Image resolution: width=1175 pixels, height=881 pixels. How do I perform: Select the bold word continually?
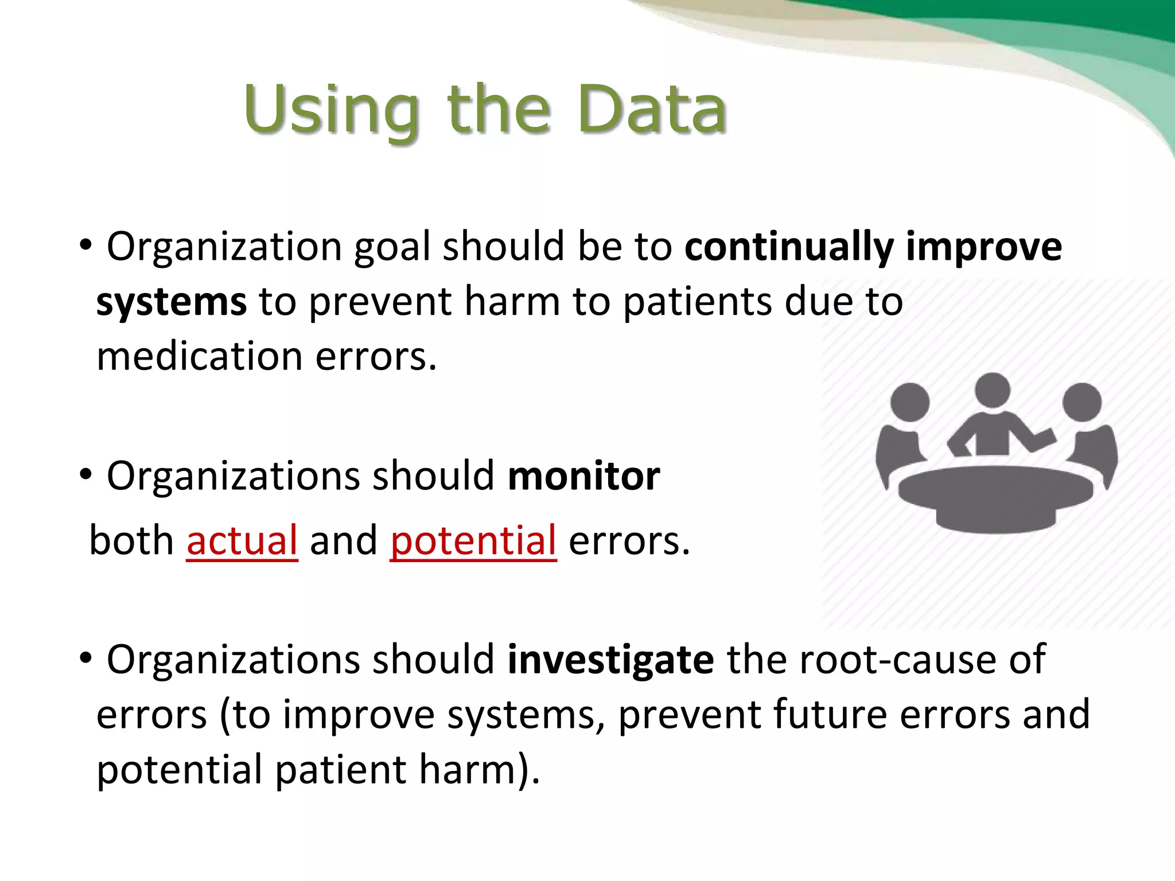pyautogui.click(x=789, y=247)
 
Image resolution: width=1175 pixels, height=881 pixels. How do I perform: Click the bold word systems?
pyautogui.click(x=171, y=302)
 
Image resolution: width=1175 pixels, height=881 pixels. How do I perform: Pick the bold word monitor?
pyautogui.click(x=583, y=477)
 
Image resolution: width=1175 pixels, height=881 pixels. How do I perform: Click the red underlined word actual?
pyautogui.click(x=242, y=541)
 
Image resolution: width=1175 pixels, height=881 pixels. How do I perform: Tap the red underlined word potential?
pyautogui.click(x=473, y=541)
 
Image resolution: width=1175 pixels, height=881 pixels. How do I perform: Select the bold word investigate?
pyautogui.click(x=610, y=660)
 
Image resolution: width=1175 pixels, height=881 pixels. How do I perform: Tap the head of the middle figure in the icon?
pyautogui.click(x=992, y=390)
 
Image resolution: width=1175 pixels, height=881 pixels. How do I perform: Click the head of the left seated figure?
pyautogui.click(x=910, y=401)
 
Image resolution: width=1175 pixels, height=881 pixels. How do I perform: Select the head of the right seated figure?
pyautogui.click(x=1081, y=401)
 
